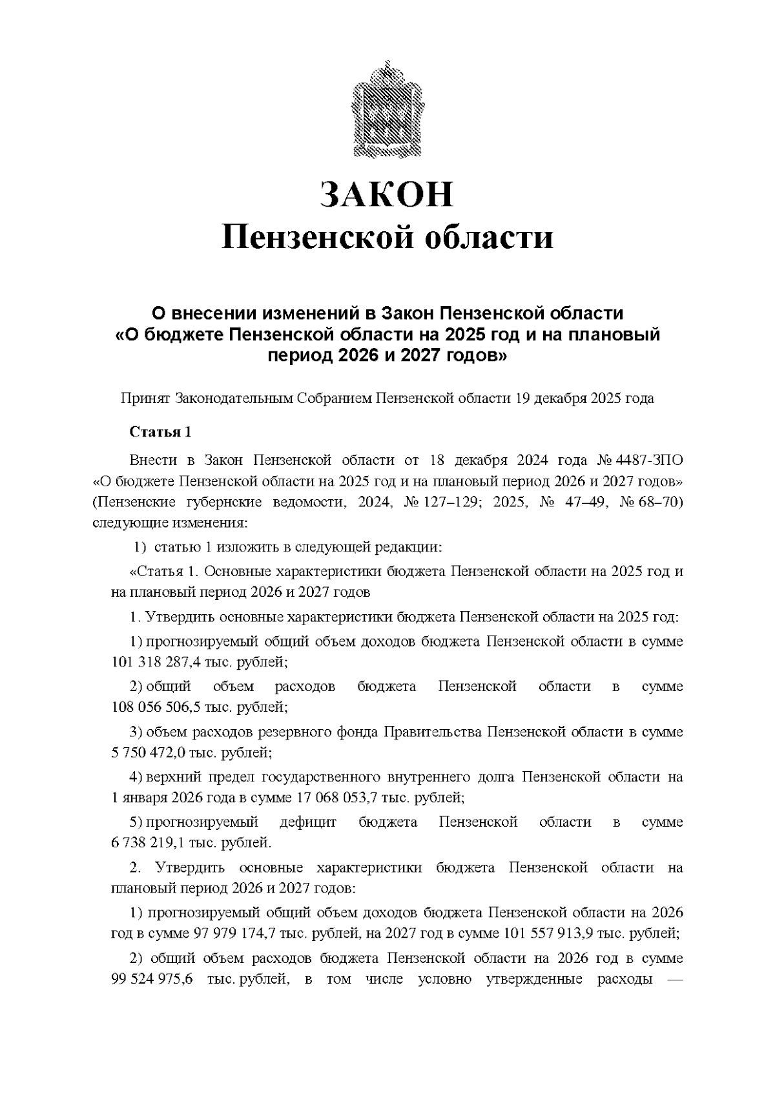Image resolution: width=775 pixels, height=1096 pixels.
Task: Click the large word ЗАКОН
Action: click(x=387, y=194)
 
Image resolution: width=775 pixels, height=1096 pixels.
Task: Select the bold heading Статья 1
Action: click(x=160, y=432)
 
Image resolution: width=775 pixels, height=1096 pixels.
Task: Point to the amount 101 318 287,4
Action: click(x=153, y=662)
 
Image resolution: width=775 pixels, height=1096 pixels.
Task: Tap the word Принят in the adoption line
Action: click(x=145, y=398)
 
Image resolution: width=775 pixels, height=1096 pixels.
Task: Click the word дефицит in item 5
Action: click(x=308, y=822)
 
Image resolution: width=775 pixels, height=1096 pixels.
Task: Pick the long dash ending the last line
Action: click(x=673, y=979)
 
